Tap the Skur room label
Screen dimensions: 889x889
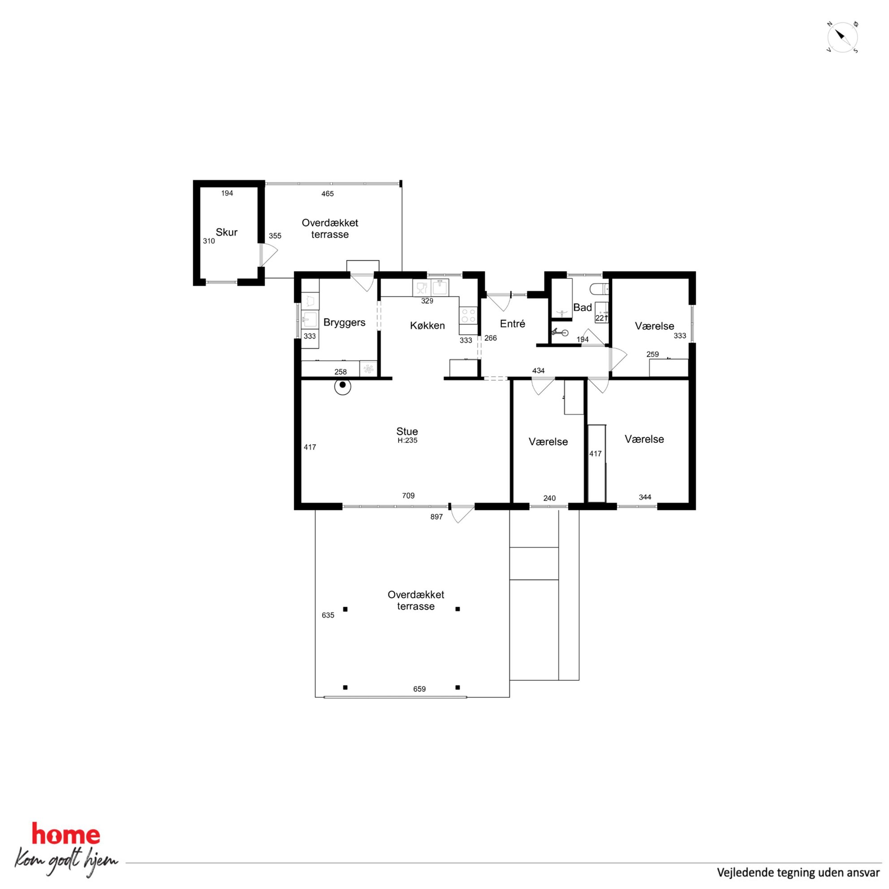(x=226, y=233)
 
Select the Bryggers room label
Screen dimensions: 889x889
(x=344, y=323)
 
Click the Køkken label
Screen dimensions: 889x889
(x=427, y=326)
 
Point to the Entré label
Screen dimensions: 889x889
(x=513, y=324)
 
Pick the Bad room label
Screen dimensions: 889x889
(x=583, y=308)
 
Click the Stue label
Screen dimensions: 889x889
(x=407, y=432)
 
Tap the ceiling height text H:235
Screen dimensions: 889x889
(x=407, y=440)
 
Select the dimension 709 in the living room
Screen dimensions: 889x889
(x=408, y=496)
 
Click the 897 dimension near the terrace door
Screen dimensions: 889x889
(x=436, y=517)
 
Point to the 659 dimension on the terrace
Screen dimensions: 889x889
(x=419, y=689)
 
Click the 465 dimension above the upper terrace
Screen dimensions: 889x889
(x=327, y=194)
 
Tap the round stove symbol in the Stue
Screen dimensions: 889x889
(x=342, y=387)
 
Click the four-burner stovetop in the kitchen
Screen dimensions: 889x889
(x=468, y=315)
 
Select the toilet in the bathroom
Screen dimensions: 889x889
(x=599, y=289)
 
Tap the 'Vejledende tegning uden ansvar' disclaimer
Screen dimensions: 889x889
(x=798, y=872)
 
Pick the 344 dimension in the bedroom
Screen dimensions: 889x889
(x=645, y=497)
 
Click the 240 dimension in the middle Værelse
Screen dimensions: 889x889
(x=549, y=498)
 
